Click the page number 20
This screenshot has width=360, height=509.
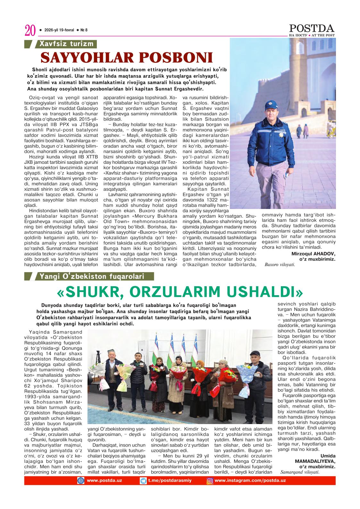point(29,31)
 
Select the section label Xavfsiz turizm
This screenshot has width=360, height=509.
point(66,44)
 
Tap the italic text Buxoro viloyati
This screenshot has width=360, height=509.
point(280,265)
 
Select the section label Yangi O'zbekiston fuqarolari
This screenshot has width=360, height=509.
point(92,276)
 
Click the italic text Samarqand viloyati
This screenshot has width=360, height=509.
point(300,472)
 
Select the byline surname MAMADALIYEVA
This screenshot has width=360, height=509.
point(317,461)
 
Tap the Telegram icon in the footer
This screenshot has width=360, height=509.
point(143,481)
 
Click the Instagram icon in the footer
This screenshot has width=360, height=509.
point(210,481)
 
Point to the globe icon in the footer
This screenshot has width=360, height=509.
point(80,481)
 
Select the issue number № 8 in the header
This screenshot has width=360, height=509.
point(84,30)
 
